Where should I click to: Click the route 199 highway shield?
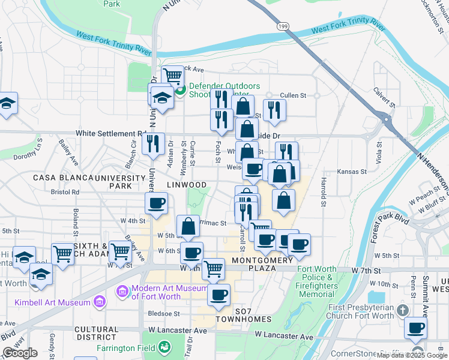(283, 26)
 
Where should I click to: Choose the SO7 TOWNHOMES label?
(244, 314)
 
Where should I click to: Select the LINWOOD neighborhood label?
(187, 185)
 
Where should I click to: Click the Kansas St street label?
(351, 172)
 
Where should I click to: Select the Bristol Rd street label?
(65, 192)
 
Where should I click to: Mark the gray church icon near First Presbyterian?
(402, 310)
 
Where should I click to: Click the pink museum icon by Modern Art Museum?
(122, 292)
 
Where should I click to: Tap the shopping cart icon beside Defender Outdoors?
(173, 76)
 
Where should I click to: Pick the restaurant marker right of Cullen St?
(274, 109)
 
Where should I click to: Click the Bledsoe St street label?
(164, 313)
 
